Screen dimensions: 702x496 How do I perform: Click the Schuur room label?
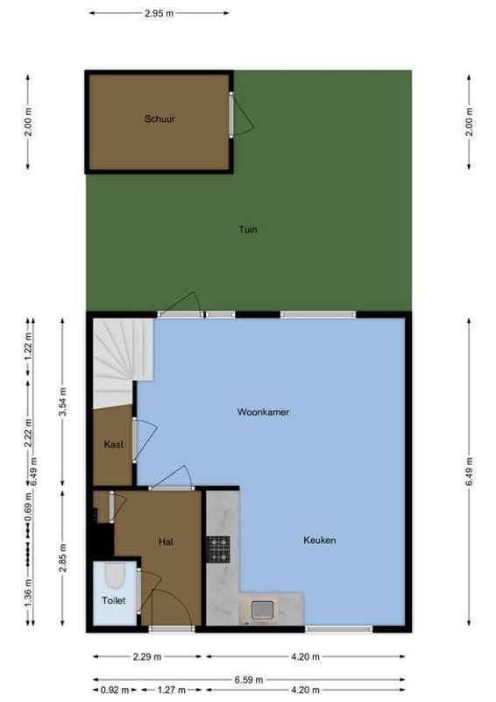tap(159, 118)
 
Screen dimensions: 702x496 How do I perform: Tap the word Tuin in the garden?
tap(248, 230)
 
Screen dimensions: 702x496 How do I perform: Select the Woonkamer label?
tap(263, 412)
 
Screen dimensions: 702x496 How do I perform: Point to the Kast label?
tap(113, 445)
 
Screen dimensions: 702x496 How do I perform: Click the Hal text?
tap(166, 541)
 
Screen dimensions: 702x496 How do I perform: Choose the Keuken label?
tap(320, 541)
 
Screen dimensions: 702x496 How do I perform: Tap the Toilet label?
tap(114, 601)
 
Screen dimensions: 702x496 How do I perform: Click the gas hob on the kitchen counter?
tap(218, 548)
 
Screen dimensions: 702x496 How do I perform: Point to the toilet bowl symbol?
tap(114, 576)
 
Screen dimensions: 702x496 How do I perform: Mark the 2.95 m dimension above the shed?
tap(159, 14)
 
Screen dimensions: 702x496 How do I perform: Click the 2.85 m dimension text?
tap(62, 559)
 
